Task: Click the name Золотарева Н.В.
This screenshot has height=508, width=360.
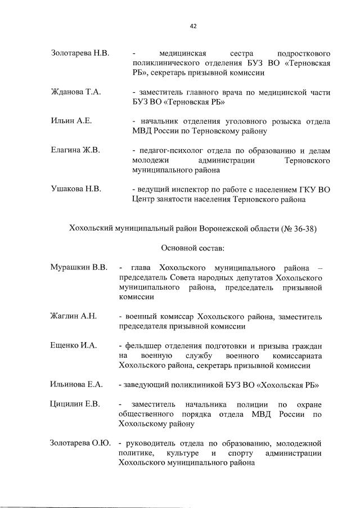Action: pos(80,53)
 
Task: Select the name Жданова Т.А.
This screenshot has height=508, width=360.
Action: pos(75,92)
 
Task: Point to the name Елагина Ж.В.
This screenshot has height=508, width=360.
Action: pos(75,150)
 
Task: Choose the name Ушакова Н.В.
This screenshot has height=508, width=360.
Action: pos(76,189)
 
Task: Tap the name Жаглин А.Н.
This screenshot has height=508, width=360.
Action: pos(74,316)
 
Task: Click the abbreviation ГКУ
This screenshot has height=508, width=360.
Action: pos(295,189)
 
